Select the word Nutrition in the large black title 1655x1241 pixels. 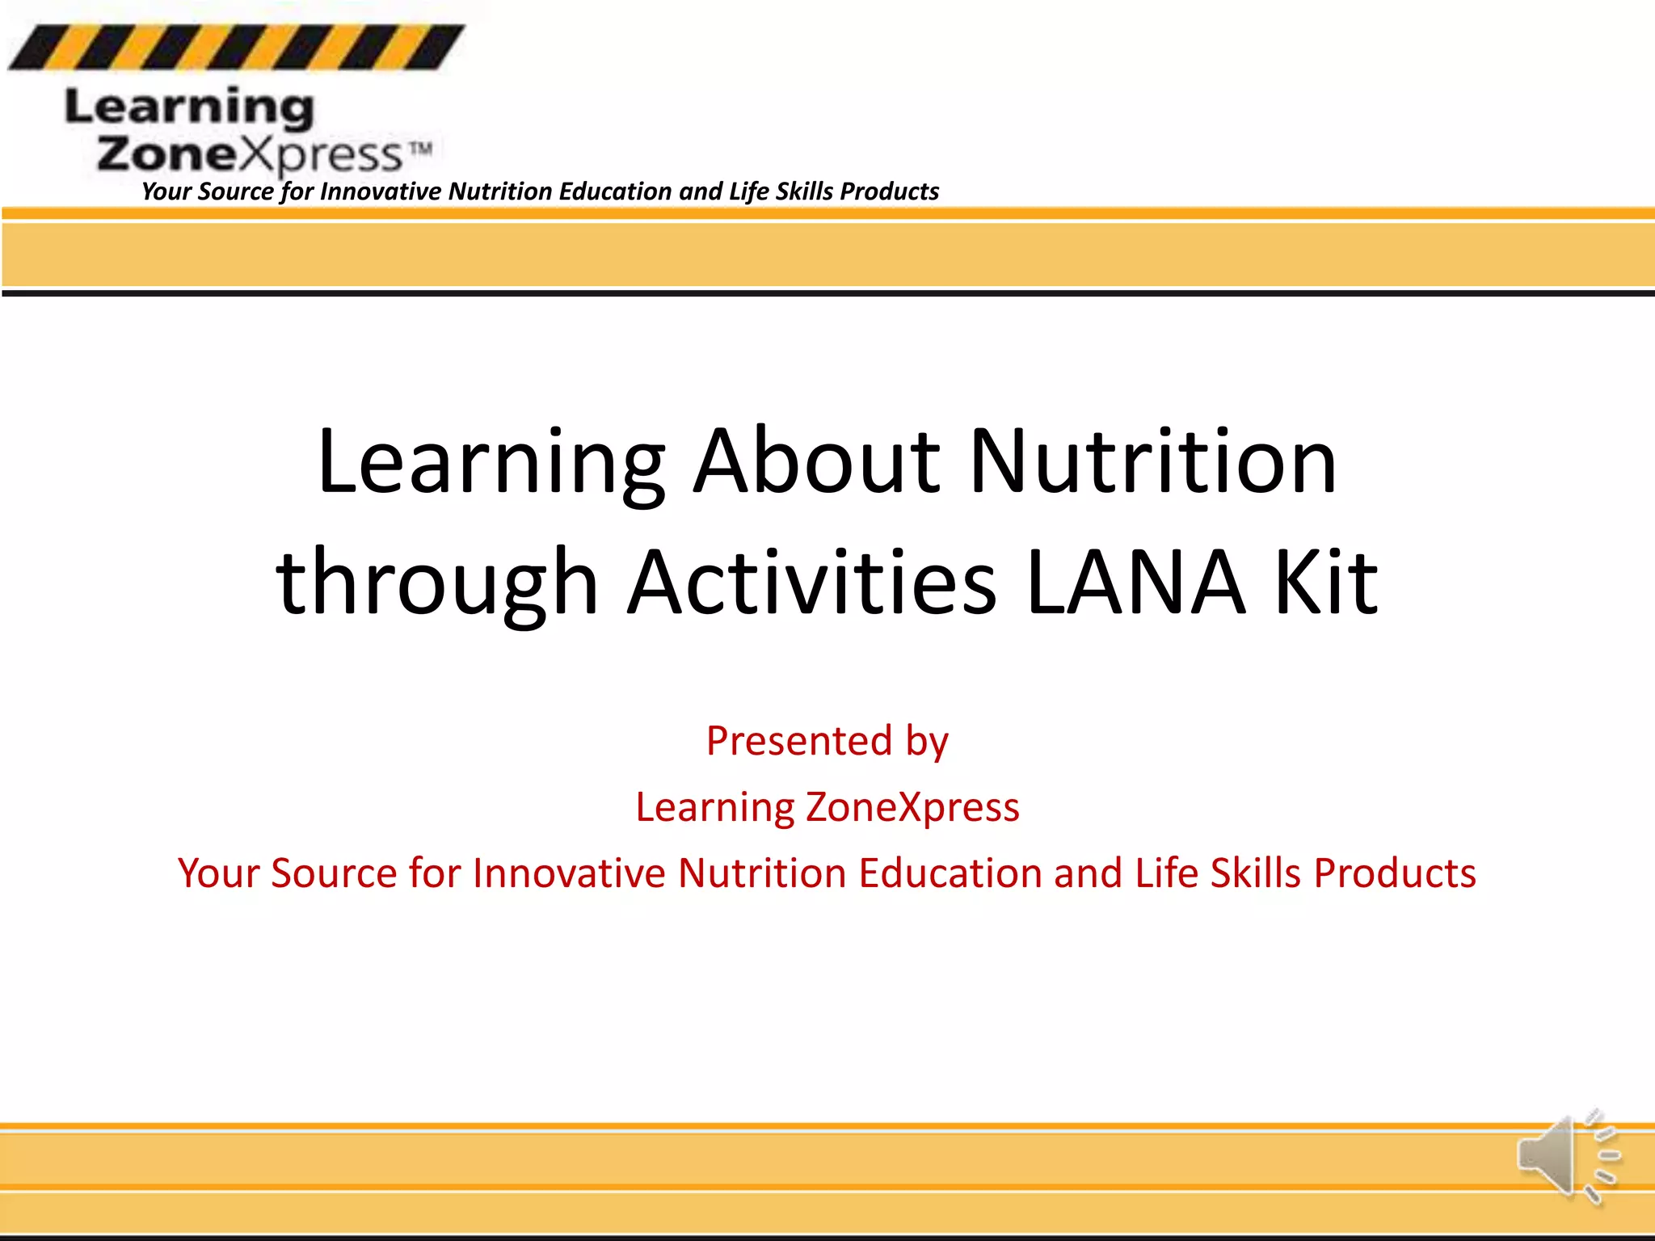point(1153,461)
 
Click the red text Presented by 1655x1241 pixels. point(827,741)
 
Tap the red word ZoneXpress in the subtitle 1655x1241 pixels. point(912,807)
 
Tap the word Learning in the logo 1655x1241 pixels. point(190,108)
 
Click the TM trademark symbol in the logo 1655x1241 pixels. point(419,149)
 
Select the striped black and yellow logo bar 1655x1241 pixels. point(236,47)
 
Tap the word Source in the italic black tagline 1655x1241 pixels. point(236,191)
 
